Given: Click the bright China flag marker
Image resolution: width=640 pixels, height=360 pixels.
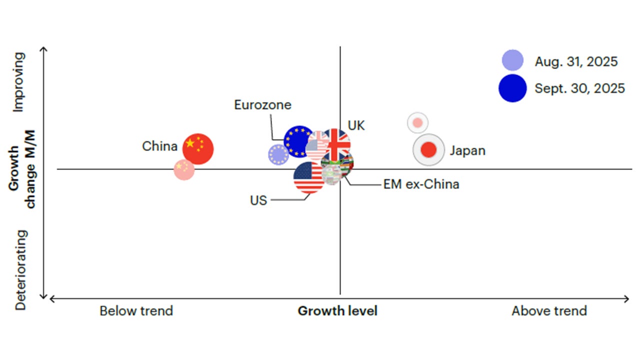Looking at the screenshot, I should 198,149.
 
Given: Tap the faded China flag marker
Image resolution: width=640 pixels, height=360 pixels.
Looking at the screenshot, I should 184,169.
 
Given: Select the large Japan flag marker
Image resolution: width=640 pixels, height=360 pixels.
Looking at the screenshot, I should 428,149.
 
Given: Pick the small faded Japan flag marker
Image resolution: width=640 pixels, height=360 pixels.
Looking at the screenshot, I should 417,122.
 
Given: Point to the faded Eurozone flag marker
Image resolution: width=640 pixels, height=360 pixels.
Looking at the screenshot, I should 278,155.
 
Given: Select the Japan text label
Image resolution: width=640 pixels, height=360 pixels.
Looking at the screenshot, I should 467,150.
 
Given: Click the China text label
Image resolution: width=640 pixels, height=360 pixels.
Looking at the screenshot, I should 159,146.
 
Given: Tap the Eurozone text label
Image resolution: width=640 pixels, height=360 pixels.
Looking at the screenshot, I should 262,105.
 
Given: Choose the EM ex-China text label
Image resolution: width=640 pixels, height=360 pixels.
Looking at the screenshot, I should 421,184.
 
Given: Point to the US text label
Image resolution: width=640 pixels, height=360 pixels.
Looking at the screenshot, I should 258,200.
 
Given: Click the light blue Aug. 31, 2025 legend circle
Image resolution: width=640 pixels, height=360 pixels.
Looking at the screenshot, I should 513,60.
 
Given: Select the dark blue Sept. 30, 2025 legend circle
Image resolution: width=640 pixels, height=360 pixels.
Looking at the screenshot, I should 512,88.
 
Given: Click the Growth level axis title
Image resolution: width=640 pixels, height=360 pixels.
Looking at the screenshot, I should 337,311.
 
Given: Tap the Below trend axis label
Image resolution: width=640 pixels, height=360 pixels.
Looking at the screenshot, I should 136,311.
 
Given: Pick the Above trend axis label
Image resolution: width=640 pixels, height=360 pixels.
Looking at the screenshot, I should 549,311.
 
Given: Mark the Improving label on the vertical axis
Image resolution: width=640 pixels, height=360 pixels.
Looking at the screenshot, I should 19,82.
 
